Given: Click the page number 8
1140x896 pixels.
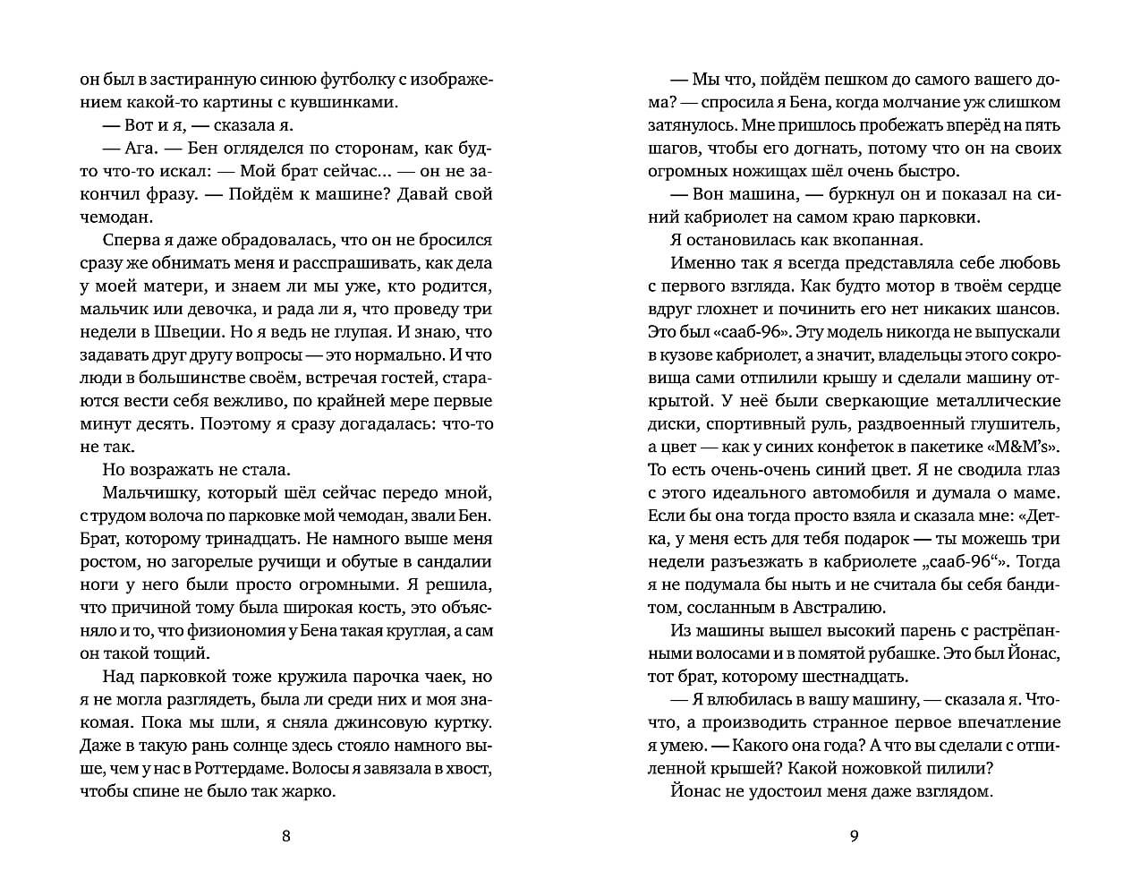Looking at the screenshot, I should click(286, 837).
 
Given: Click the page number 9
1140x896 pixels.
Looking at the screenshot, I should click(854, 837).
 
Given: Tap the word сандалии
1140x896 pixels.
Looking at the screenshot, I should click(455, 562).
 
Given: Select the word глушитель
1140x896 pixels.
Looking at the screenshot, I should click(1016, 424).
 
